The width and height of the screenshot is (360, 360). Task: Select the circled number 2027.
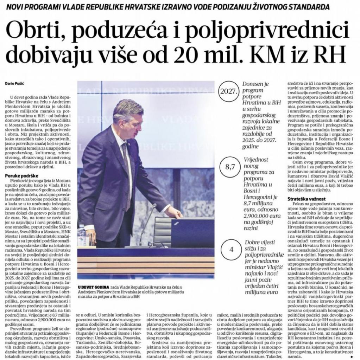(x=228, y=92)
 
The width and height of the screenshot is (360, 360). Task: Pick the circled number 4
(x=231, y=250)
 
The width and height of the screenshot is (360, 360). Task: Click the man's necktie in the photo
(x=126, y=165)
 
